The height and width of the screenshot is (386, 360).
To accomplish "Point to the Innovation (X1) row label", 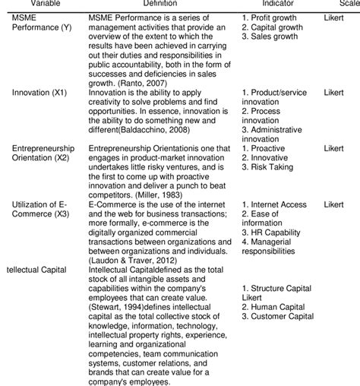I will (x=38, y=92).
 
